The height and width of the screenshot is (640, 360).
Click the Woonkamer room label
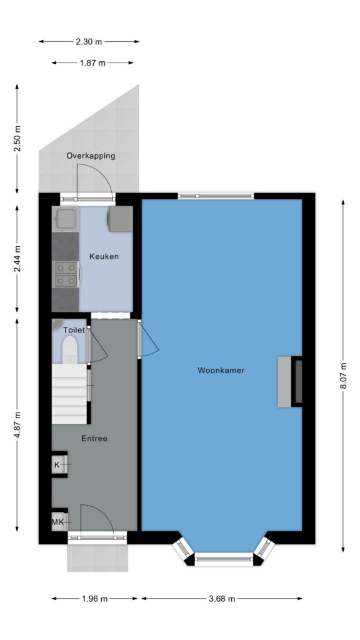pyautogui.click(x=221, y=371)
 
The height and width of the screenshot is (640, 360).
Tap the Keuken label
pyautogui.click(x=104, y=256)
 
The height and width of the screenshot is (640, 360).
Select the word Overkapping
pyautogui.click(x=91, y=156)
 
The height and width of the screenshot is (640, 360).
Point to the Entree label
pyautogui.click(x=94, y=438)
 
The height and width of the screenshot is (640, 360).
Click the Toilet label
pyautogui.click(x=74, y=330)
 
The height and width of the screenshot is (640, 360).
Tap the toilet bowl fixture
pyautogui.click(x=70, y=349)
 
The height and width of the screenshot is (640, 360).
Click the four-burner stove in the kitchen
pyautogui.click(x=66, y=274)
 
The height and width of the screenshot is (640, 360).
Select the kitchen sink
pyautogui.click(x=65, y=218)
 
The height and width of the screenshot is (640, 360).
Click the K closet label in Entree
pyautogui.click(x=57, y=464)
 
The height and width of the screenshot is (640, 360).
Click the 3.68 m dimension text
pyautogui.click(x=222, y=599)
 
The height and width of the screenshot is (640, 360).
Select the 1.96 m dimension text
pyautogui.click(x=95, y=599)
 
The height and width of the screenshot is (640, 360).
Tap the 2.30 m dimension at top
pyautogui.click(x=89, y=41)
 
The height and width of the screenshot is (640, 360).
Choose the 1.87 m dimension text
pyautogui.click(x=92, y=63)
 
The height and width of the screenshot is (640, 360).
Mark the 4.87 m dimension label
pyautogui.click(x=17, y=425)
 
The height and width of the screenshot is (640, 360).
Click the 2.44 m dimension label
pyautogui.click(x=17, y=259)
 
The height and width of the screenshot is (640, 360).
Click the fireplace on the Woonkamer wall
pyautogui.click(x=290, y=382)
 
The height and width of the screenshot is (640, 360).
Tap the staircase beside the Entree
pyautogui.click(x=70, y=394)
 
